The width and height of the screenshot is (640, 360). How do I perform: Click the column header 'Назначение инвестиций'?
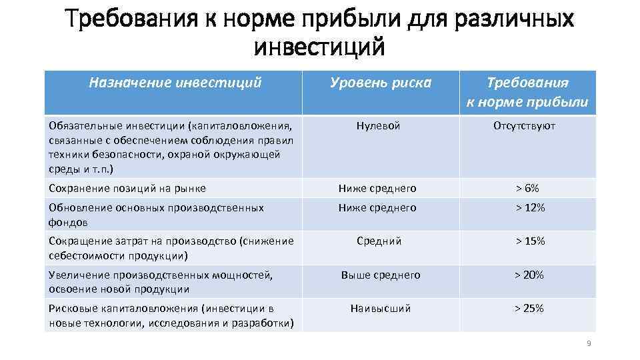175,83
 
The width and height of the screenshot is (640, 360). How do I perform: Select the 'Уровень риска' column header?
381,83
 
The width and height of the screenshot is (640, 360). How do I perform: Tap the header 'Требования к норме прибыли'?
527,92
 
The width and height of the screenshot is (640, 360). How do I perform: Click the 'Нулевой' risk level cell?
378,125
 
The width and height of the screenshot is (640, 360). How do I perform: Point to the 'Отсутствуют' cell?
524,125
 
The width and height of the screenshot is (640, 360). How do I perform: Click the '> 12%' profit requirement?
529,207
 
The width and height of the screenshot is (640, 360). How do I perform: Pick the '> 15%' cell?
529,241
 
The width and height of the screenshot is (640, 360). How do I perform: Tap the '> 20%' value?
529,274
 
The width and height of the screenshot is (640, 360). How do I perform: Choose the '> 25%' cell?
529,308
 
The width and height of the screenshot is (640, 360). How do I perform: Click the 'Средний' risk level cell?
379,241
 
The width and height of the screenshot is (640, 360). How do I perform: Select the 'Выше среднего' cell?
381,274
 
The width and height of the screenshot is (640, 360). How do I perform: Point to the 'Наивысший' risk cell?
381,308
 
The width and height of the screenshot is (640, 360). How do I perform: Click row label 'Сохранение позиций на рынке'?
127,189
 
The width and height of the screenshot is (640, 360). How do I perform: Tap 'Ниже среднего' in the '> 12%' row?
377,207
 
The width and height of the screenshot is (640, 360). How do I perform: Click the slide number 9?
589,343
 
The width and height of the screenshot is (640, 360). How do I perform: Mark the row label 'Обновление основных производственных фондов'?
157,215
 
